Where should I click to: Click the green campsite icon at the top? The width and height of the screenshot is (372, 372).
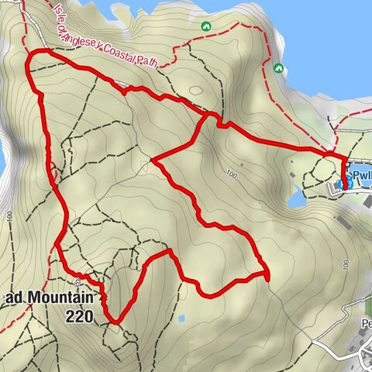point(205,26)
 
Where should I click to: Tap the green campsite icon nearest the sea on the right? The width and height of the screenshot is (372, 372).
point(278,68)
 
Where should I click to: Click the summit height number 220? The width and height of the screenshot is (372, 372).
point(80,315)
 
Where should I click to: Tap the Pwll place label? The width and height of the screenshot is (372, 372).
point(362,176)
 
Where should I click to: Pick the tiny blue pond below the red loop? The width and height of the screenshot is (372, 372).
point(181,318)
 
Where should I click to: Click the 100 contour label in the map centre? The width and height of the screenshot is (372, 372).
point(229,172)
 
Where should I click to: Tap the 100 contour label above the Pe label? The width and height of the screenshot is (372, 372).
point(342,266)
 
